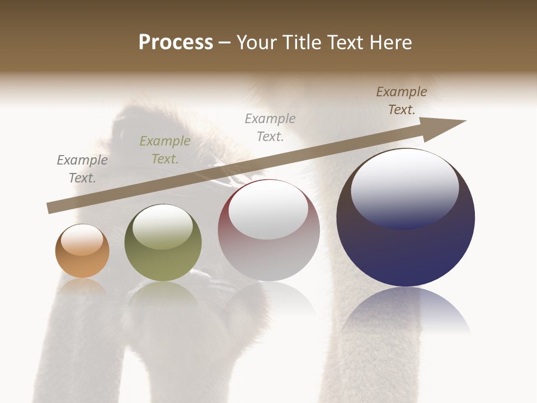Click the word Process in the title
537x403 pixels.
pyautogui.click(x=176, y=43)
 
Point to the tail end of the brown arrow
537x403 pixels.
pyautogui.click(x=50, y=208)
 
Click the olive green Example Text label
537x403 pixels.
pyautogui.click(x=165, y=150)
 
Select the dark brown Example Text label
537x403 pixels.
pyautogui.click(x=402, y=101)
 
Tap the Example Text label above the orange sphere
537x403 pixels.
pyautogui.click(x=82, y=169)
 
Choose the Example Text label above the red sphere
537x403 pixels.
pyautogui.click(x=270, y=128)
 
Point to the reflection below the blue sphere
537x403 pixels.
pyautogui.click(x=406, y=311)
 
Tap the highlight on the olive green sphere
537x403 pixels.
pyautogui.click(x=163, y=226)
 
